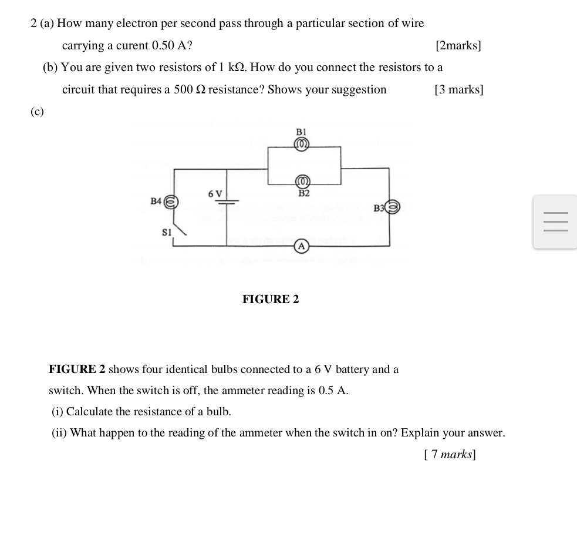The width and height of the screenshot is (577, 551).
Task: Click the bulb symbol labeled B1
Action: click(x=302, y=144)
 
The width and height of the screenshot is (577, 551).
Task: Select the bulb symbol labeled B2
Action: click(x=302, y=182)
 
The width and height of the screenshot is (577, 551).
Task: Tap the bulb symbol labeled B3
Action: click(x=393, y=207)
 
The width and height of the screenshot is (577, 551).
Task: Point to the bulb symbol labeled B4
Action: click(x=170, y=201)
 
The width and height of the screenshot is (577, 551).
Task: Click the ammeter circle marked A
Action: click(x=301, y=246)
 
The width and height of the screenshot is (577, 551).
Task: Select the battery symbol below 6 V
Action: click(x=227, y=201)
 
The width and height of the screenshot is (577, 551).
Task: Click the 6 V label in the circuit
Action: click(x=215, y=193)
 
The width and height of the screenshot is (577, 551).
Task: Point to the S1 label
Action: click(x=167, y=233)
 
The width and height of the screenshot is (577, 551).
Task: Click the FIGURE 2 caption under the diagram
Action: click(x=271, y=300)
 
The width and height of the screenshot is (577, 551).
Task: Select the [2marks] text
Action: click(x=458, y=46)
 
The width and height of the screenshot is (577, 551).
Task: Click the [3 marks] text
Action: click(x=458, y=90)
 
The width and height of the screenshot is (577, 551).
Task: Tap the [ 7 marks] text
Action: click(x=450, y=454)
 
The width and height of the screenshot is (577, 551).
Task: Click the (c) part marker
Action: click(x=37, y=112)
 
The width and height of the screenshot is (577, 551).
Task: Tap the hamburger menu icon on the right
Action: click(x=555, y=222)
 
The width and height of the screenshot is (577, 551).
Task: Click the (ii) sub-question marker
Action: click(x=59, y=433)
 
